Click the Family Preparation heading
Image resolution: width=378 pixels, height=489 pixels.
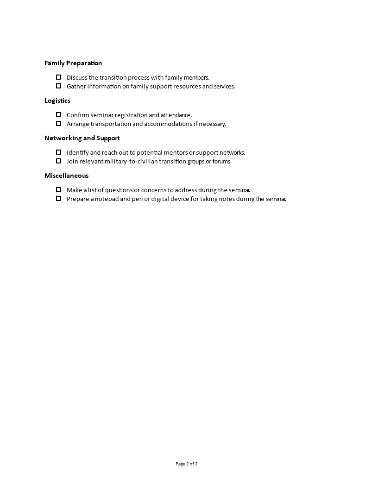[x=73, y=63]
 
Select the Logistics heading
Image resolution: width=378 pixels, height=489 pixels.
[x=57, y=100]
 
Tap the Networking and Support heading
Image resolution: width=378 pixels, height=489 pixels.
[x=82, y=138]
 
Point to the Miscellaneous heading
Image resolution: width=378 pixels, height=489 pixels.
[x=66, y=176]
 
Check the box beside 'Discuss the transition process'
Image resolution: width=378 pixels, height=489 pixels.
[x=58, y=77]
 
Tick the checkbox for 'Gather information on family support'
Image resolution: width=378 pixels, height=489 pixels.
[x=58, y=86]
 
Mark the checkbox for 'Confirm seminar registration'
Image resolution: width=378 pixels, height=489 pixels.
[x=58, y=114]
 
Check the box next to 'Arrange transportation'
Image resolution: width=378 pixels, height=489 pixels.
[x=58, y=123]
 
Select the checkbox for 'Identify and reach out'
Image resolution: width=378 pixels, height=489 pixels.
[x=58, y=152]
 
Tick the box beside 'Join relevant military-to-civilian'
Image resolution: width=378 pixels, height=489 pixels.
[x=58, y=161]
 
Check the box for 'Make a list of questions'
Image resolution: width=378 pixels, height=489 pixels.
[x=58, y=189]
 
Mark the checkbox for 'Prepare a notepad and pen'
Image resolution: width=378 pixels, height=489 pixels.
[x=58, y=198]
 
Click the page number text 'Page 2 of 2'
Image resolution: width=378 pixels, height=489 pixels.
[x=187, y=464]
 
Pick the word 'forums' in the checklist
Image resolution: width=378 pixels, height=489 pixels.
[x=222, y=161]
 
